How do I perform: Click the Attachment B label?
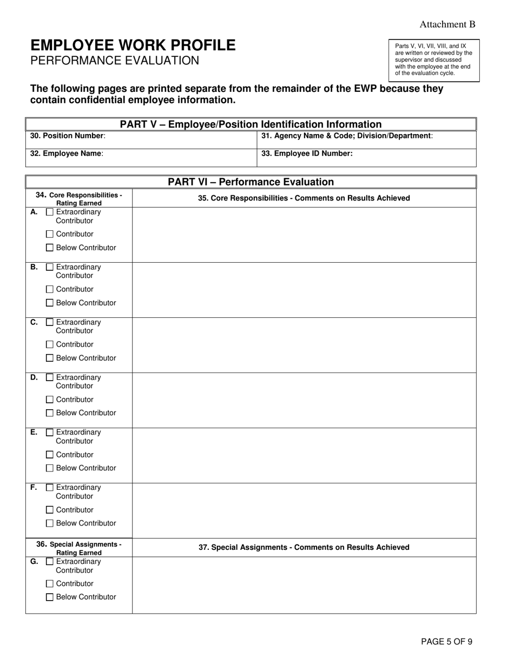tap(447, 24)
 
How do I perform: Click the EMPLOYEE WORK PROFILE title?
tap(133, 45)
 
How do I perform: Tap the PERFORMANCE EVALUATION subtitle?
tap(115, 61)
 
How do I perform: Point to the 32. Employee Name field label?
tap(67, 154)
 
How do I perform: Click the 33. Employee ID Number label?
tap(307, 154)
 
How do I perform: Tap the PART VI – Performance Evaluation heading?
tap(251, 182)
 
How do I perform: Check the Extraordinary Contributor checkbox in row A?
tap(50, 212)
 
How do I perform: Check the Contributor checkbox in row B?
tap(50, 289)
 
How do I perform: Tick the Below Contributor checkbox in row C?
tap(50, 358)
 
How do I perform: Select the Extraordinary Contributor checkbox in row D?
tap(50, 377)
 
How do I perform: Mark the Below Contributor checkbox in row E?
tap(50, 468)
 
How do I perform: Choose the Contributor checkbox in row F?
tap(50, 510)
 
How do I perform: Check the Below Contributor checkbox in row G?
tap(50, 597)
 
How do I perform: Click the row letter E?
tap(34, 432)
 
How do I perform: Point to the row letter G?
tap(34, 561)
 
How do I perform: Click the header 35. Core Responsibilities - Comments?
tap(304, 198)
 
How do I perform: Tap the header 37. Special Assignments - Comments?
tap(304, 548)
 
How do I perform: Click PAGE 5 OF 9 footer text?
tap(446, 642)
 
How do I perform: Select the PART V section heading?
tap(251, 124)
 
